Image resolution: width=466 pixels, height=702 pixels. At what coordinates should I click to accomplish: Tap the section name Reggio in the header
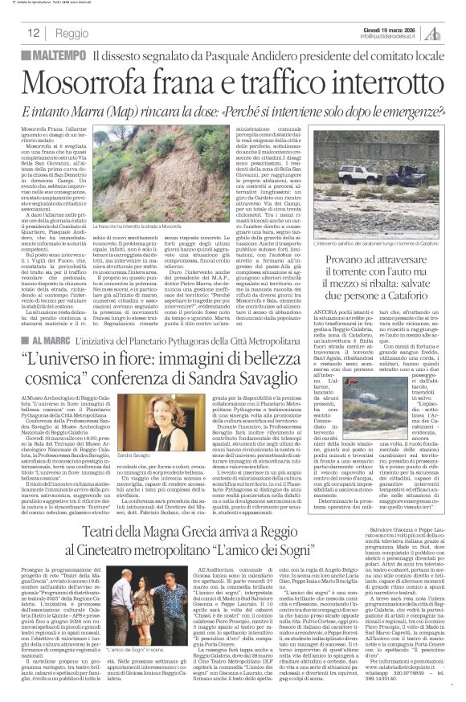tap(72, 34)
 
